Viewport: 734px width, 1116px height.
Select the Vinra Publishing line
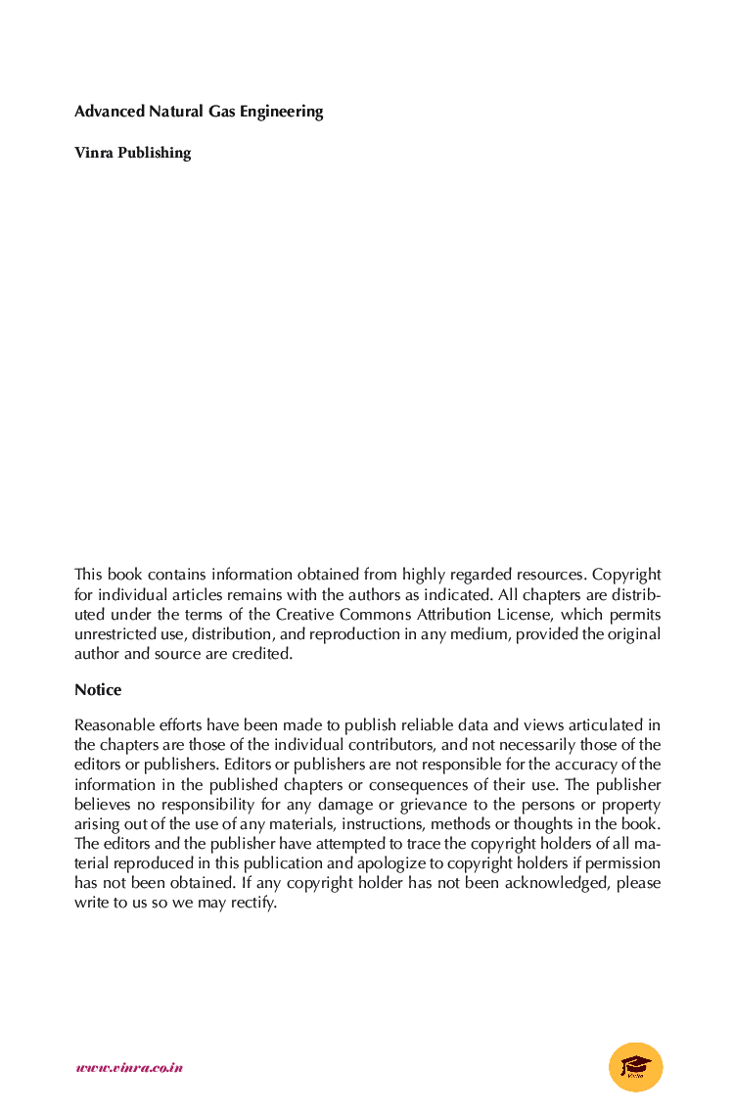click(x=132, y=153)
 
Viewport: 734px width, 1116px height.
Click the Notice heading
click(x=98, y=690)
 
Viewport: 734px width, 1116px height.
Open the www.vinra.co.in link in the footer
click(x=129, y=1067)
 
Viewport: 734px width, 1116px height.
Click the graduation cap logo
click(x=635, y=1066)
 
